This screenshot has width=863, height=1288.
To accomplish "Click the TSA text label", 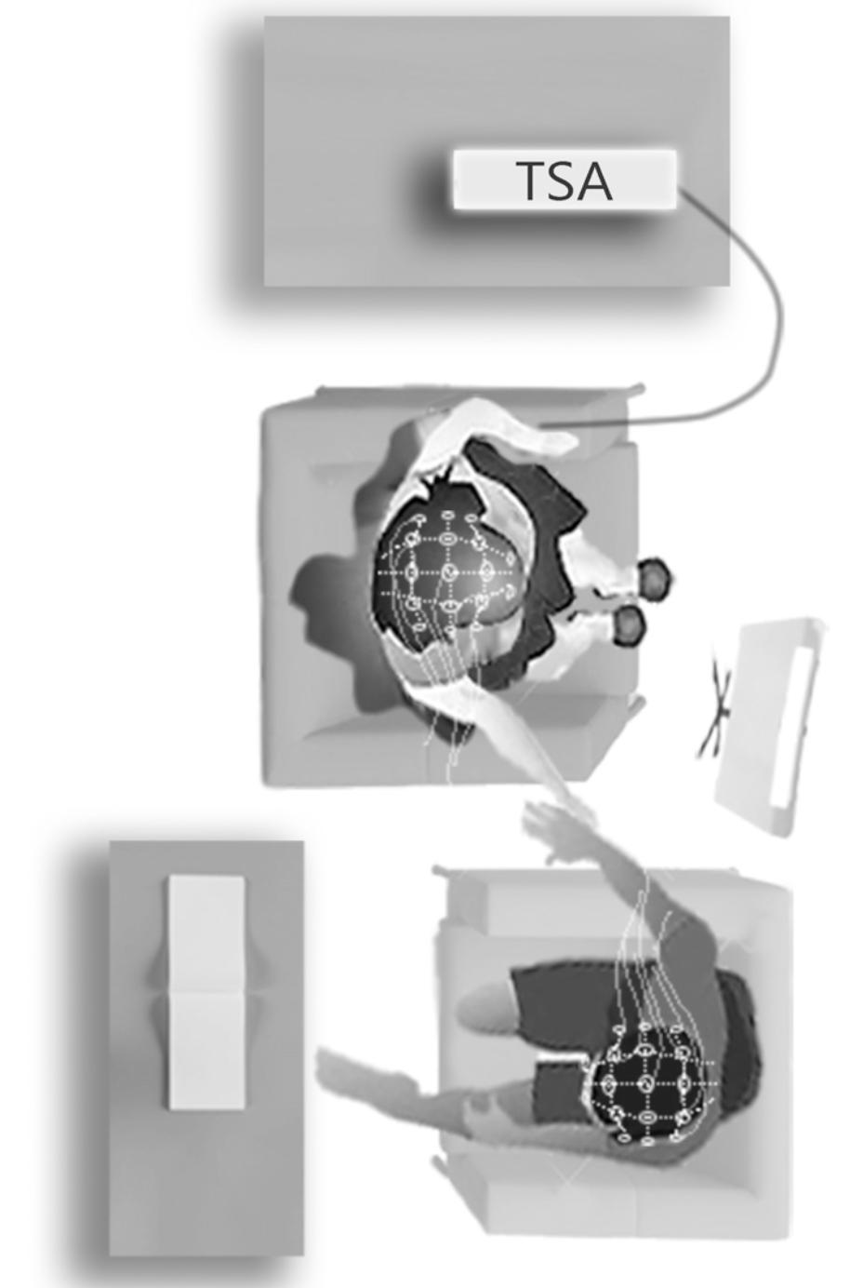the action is coord(564,181).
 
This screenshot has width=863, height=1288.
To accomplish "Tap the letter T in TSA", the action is coord(531,181).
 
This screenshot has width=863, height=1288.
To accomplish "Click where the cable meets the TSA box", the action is coord(678,192).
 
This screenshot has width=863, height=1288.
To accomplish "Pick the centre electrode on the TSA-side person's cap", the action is coord(448,572).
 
